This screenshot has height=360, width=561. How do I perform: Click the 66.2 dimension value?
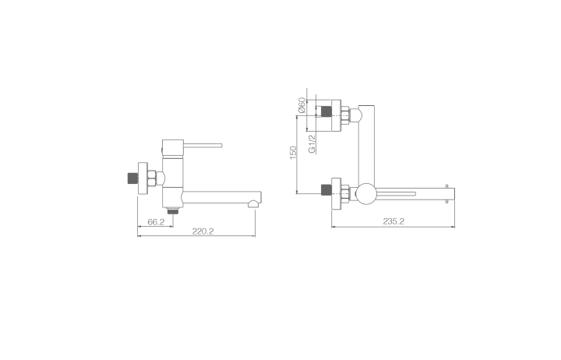click(x=156, y=222)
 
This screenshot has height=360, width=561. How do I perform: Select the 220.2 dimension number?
click(x=203, y=231)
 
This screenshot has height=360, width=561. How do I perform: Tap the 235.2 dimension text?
click(x=393, y=221)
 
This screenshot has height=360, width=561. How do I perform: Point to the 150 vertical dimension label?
click(x=294, y=153)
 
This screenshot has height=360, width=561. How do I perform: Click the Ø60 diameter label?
click(x=302, y=105)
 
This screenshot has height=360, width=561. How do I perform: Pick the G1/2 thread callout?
click(x=312, y=144)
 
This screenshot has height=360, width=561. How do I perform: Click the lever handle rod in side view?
click(x=203, y=145)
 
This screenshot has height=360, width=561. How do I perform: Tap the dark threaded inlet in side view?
click(x=132, y=178)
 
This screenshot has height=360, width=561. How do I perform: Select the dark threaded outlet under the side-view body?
click(x=173, y=210)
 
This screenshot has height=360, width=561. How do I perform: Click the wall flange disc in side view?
click(x=143, y=178)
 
